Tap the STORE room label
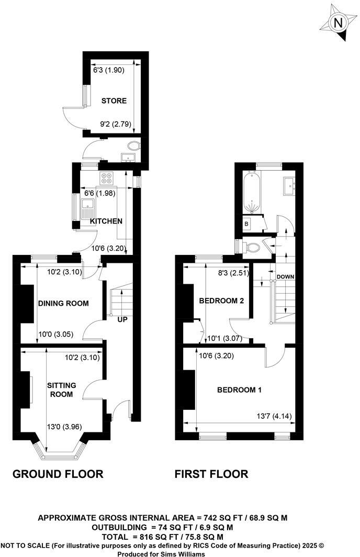pos(114,101)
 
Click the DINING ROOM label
pos(63,303)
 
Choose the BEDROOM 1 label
pos(240,389)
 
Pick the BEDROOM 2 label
pos(222,300)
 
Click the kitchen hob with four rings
pos(107,178)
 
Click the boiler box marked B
pos(246,224)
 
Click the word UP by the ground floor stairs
pos(122,319)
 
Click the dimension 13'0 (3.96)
pos(64,426)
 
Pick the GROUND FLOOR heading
pos(58,474)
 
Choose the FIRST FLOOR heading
pos(211,474)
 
